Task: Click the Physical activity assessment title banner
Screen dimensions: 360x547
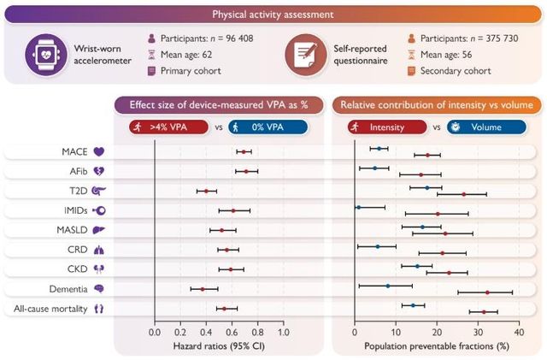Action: (x=273, y=15)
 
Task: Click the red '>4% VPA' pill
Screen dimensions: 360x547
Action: (x=169, y=127)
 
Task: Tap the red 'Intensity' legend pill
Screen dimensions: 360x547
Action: (x=384, y=127)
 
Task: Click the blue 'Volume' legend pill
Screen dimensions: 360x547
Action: (x=473, y=127)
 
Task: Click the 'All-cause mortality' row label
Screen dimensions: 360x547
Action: (x=56, y=308)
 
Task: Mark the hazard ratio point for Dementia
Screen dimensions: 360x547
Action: (x=203, y=289)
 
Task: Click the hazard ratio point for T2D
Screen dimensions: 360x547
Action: (x=206, y=192)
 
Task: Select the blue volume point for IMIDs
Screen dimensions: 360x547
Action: (x=358, y=207)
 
